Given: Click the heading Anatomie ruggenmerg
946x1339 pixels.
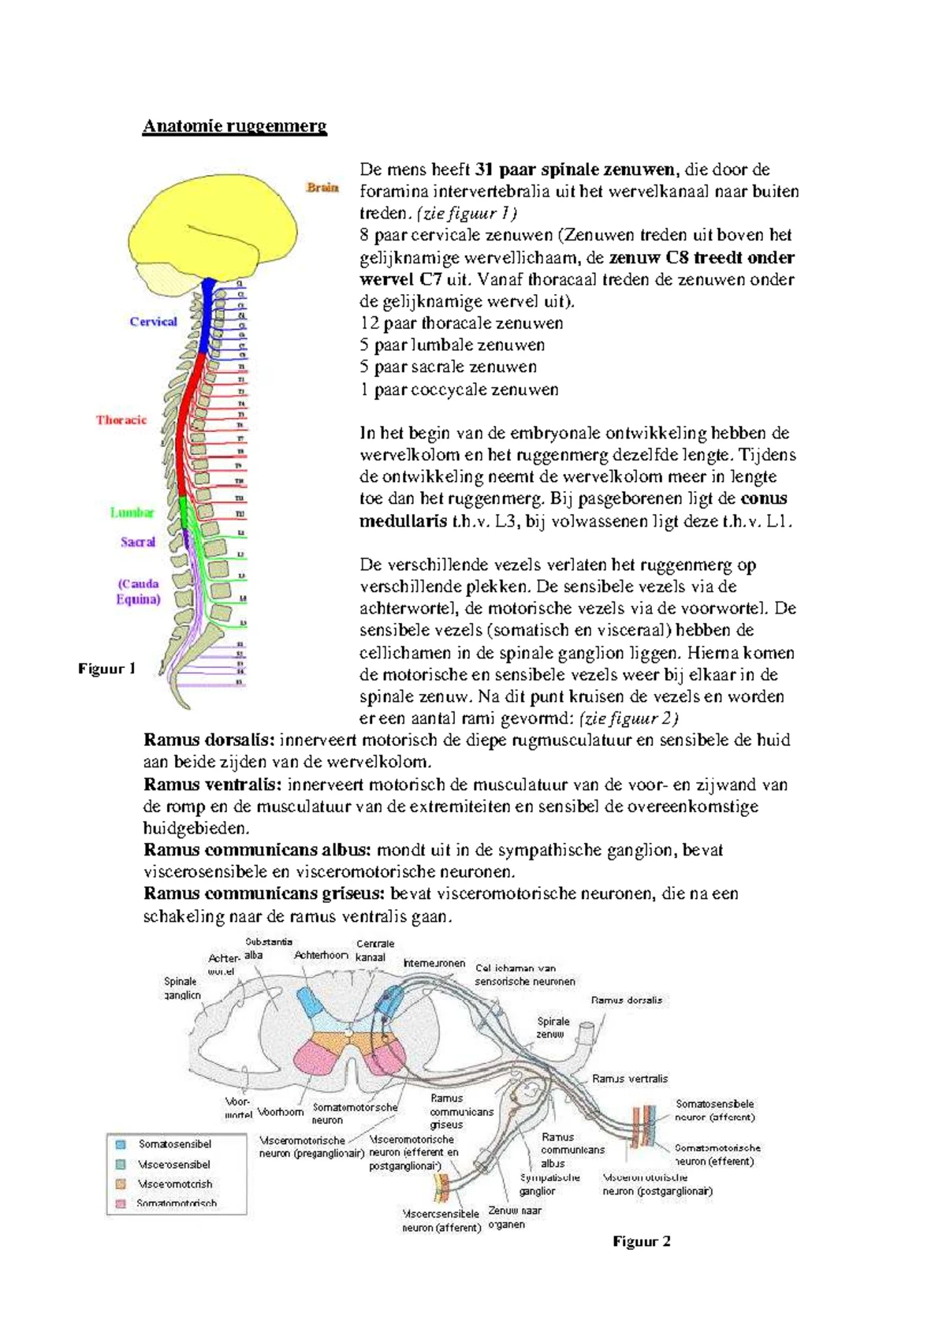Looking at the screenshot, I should (234, 126).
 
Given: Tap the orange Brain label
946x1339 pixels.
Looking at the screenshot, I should (322, 188).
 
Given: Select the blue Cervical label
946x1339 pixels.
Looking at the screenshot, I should (153, 322).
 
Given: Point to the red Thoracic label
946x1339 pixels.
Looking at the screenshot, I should (121, 420).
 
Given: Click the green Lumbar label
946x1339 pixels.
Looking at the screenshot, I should (132, 513).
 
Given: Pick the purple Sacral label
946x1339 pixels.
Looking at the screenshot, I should (138, 542).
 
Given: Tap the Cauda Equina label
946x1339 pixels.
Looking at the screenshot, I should (138, 591).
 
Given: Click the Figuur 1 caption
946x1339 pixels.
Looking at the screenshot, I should (106, 669).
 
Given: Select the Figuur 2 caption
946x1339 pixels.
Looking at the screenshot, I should (642, 1241).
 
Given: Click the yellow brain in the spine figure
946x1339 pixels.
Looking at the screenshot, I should (213, 229).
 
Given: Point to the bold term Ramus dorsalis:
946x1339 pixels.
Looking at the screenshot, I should (209, 740).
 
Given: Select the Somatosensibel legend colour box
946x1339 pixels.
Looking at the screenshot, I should (121, 1144).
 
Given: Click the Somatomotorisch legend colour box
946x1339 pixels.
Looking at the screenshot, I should (121, 1203).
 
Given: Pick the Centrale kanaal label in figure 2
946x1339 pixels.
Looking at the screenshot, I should (374, 950).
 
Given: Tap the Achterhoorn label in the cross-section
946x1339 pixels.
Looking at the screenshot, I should (321, 955).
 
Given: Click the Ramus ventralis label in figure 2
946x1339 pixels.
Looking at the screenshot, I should (630, 1079).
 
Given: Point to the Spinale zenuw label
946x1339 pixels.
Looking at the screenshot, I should (553, 1028).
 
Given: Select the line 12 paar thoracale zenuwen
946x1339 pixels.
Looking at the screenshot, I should (461, 323).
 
